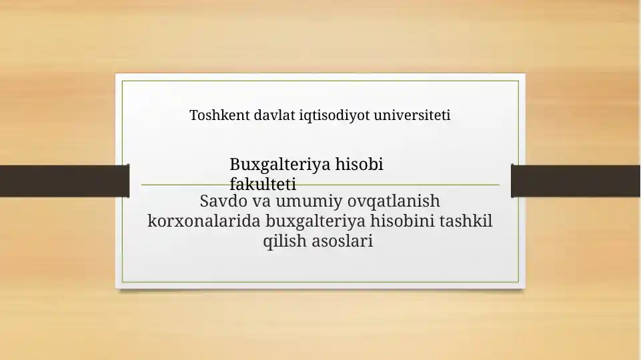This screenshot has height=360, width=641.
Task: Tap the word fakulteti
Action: point(263,185)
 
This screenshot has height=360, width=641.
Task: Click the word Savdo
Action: point(224,201)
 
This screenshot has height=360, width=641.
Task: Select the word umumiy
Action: point(305,201)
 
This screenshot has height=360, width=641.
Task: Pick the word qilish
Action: point(285,241)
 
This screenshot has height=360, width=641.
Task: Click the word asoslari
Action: point(342,241)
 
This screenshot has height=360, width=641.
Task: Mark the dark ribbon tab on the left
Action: point(64,181)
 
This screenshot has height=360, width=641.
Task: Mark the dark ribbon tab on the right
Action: point(576,181)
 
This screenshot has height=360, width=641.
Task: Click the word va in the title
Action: point(261,201)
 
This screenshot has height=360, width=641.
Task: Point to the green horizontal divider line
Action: point(434,185)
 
